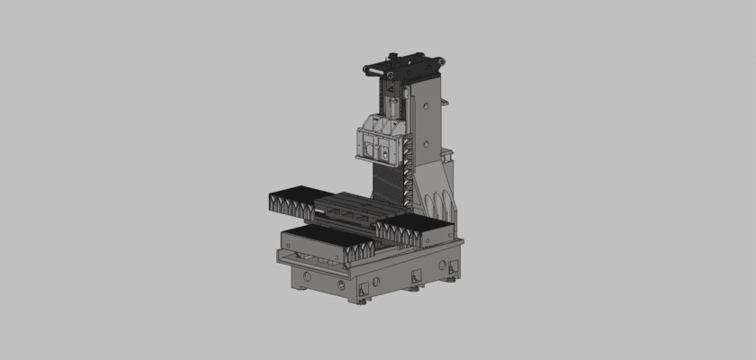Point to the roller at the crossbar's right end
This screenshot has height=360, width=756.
coord(440,61)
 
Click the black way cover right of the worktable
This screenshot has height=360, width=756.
coord(415,228)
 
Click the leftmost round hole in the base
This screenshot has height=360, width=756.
coord(307,272)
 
